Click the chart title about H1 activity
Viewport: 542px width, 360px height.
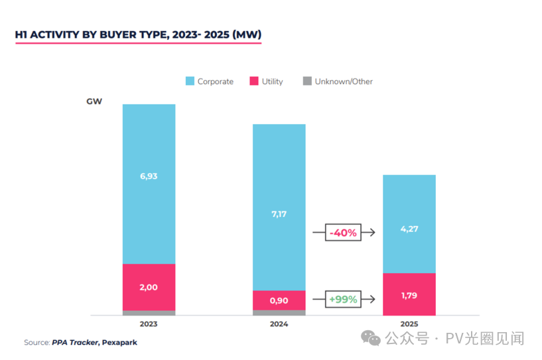point(138,34)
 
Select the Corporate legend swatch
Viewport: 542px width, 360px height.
point(190,82)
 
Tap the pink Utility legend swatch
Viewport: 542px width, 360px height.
point(254,82)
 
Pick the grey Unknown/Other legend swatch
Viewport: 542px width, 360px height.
point(306,82)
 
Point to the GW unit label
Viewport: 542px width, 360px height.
point(94,101)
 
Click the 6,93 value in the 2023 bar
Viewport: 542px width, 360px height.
point(149,176)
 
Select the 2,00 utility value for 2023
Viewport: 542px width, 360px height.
point(149,287)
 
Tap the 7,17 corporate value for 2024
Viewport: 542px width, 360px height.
point(279,214)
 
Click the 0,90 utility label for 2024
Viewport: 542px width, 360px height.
point(279,300)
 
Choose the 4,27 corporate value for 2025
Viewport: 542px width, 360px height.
point(409,229)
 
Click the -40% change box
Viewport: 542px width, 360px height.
point(343,233)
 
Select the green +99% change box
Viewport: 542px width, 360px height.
point(343,299)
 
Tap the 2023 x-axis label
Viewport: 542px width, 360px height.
point(149,324)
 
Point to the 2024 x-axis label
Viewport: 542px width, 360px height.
point(279,324)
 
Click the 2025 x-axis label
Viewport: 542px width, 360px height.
point(409,324)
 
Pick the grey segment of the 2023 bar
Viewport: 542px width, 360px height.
point(149,313)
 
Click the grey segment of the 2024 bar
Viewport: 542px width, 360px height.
point(279,312)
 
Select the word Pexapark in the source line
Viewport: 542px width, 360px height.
point(120,342)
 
